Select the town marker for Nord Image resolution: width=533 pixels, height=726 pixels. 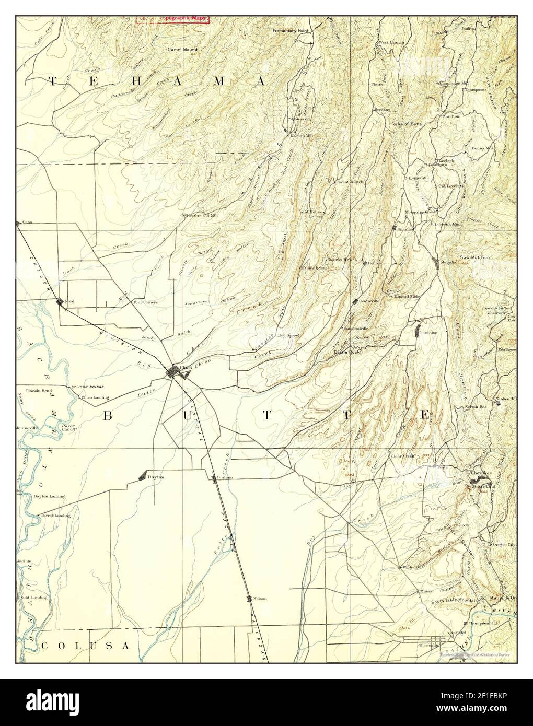[60, 301]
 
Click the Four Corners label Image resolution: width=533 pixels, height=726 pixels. [145, 302]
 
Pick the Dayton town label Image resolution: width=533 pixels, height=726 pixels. [156, 477]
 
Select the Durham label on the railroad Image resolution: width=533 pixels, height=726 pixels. [225, 478]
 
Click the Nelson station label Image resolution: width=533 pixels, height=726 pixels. [260, 599]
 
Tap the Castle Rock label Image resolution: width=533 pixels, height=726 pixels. [346, 353]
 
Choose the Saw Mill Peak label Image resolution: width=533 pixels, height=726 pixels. [474, 258]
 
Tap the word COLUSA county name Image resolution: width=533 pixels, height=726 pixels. [84, 646]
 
